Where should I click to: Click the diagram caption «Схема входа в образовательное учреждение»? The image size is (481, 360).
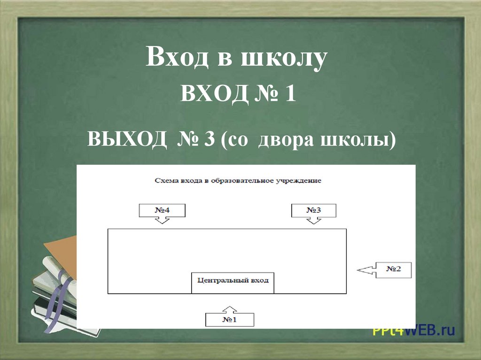tap(238, 181)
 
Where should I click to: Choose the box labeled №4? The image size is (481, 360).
tap(162, 210)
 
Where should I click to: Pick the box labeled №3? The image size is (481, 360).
tap(314, 210)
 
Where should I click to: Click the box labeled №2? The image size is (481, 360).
tap(394, 269)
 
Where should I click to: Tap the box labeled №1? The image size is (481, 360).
tap(230, 320)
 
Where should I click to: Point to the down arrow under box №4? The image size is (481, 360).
tap(162, 220)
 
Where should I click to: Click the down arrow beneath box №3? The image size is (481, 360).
tap(314, 220)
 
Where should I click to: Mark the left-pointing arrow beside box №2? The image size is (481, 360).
tap(367, 269)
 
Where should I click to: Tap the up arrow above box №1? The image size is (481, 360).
tap(230, 309)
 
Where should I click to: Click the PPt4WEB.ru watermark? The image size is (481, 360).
tap(413, 331)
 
